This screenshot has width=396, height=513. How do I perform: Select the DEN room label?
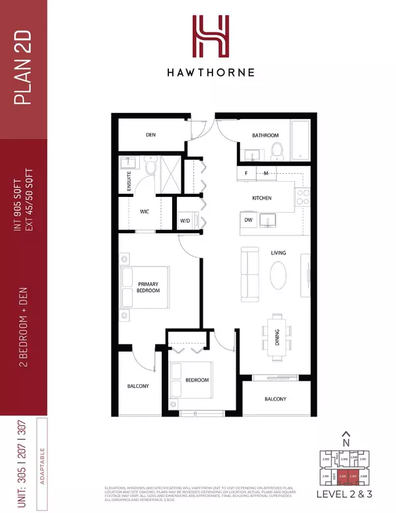(x=150, y=136)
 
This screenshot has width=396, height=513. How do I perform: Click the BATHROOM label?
(x=265, y=136)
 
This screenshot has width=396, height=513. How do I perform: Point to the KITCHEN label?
(x=263, y=198)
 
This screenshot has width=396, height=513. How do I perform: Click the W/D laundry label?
(x=185, y=221)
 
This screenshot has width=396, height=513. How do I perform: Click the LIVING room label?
(x=276, y=252)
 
